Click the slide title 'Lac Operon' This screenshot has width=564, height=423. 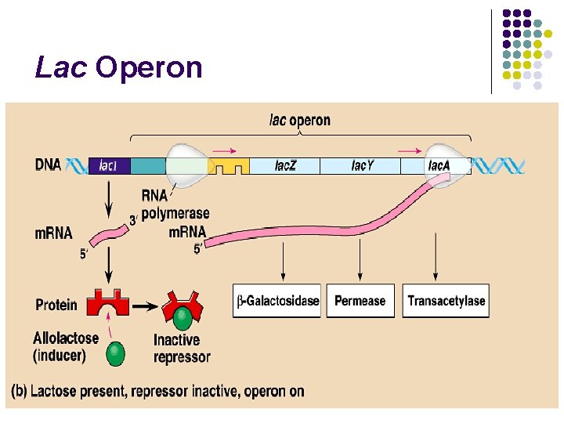(118, 68)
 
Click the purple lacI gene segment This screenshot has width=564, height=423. (109, 165)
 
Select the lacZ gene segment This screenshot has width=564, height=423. (285, 165)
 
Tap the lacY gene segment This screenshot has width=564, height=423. (361, 165)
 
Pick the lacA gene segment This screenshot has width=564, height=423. (437, 165)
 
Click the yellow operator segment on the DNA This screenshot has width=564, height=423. (231, 165)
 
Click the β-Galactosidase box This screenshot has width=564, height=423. (277, 301)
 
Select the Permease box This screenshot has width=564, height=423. (360, 301)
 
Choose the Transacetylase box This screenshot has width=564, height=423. (446, 301)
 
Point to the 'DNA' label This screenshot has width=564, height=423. (49, 165)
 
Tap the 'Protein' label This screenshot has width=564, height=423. (56, 304)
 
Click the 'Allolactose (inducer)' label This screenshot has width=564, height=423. (66, 346)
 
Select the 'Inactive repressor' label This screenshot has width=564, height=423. (182, 349)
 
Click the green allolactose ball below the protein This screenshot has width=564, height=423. (116, 353)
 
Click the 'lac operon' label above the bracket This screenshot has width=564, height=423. (299, 121)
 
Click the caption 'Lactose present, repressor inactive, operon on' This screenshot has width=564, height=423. (158, 391)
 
